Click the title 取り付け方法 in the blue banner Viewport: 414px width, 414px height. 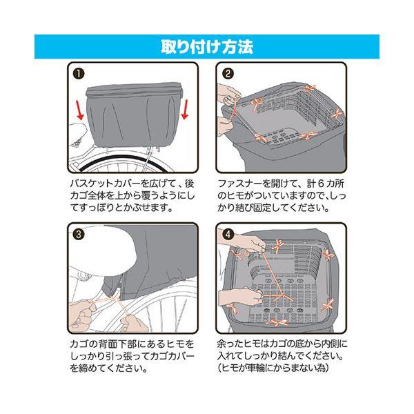(x=207, y=47)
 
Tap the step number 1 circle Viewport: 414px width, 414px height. (x=79, y=74)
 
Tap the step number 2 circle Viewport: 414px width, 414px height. (x=228, y=74)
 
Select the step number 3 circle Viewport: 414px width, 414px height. (x=79, y=234)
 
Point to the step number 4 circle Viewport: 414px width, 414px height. (x=228, y=234)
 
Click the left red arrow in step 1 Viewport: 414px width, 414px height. (x=80, y=111)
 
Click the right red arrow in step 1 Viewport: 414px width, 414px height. (x=185, y=110)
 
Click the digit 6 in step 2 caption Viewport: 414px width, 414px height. (x=318, y=184)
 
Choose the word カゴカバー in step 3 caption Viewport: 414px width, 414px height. (x=172, y=356)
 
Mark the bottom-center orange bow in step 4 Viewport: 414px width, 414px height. (x=279, y=323)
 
